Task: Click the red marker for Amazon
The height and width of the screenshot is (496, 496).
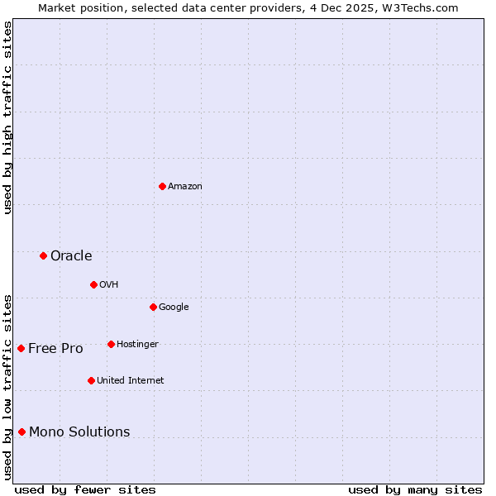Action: (162, 186)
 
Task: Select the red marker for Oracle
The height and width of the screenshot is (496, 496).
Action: (43, 255)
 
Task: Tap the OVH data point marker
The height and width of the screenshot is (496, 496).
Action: (93, 284)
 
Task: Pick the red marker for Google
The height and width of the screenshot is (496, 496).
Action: (153, 307)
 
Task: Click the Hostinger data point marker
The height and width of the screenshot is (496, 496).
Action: (111, 344)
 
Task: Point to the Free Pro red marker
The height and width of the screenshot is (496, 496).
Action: (21, 348)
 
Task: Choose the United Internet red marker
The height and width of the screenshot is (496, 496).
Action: (91, 380)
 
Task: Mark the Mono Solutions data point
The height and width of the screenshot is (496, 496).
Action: (21, 432)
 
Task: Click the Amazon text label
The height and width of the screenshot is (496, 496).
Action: (185, 187)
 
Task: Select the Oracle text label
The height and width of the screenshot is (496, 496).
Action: (71, 256)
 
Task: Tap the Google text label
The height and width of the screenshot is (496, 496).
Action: (174, 308)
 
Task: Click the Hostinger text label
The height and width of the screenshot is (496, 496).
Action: (137, 345)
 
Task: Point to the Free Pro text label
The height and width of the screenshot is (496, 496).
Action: (55, 349)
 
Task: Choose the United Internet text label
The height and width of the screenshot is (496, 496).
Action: (130, 381)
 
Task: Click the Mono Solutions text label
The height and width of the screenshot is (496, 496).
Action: (79, 432)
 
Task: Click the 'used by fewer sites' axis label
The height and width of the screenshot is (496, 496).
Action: (85, 489)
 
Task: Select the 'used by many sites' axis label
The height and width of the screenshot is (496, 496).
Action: (415, 489)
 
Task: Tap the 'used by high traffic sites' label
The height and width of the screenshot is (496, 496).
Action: (7, 117)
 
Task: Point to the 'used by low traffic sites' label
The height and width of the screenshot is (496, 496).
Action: (7, 386)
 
